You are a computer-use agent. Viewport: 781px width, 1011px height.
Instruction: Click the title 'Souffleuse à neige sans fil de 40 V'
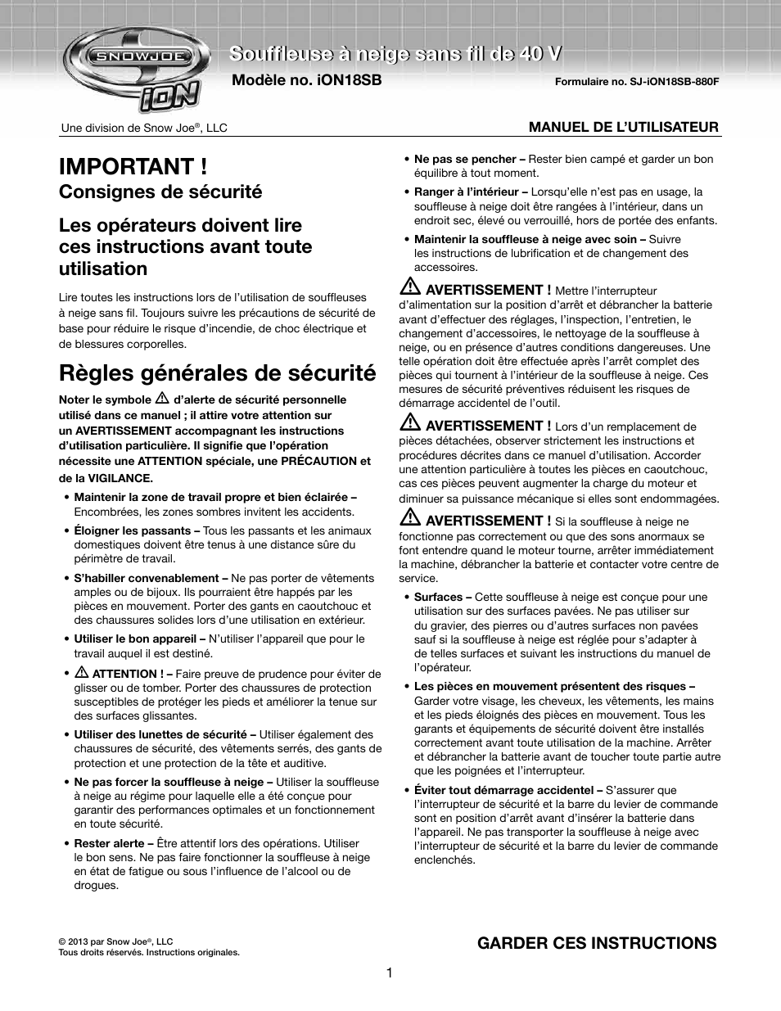coord(395,54)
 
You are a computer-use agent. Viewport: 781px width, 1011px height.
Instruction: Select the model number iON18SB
coord(307,80)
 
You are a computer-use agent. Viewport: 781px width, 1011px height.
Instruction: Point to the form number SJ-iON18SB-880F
coord(636,82)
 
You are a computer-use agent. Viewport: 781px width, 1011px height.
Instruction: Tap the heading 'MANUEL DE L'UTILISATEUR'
coord(623,127)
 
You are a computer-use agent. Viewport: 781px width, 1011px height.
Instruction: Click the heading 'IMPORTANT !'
coord(133,166)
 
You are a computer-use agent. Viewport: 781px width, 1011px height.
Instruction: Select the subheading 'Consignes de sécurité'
coord(160,192)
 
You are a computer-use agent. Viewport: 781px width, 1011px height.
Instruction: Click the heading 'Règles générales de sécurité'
coord(217,373)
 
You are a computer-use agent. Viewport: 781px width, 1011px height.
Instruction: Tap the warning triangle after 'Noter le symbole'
coord(162,399)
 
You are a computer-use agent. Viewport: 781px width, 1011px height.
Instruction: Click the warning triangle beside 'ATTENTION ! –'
coord(82,672)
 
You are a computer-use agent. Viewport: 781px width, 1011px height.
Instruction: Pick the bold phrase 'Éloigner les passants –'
coord(137,530)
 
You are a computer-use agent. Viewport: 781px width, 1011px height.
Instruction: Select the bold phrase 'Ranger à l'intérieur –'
coord(471,192)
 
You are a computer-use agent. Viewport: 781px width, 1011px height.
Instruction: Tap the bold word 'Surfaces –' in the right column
coord(442,597)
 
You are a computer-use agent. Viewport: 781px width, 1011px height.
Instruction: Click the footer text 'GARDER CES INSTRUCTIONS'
coord(597,943)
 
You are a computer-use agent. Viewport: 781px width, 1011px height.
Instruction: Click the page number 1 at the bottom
coord(390,973)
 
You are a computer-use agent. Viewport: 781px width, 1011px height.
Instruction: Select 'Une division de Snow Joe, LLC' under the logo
coord(144,128)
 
